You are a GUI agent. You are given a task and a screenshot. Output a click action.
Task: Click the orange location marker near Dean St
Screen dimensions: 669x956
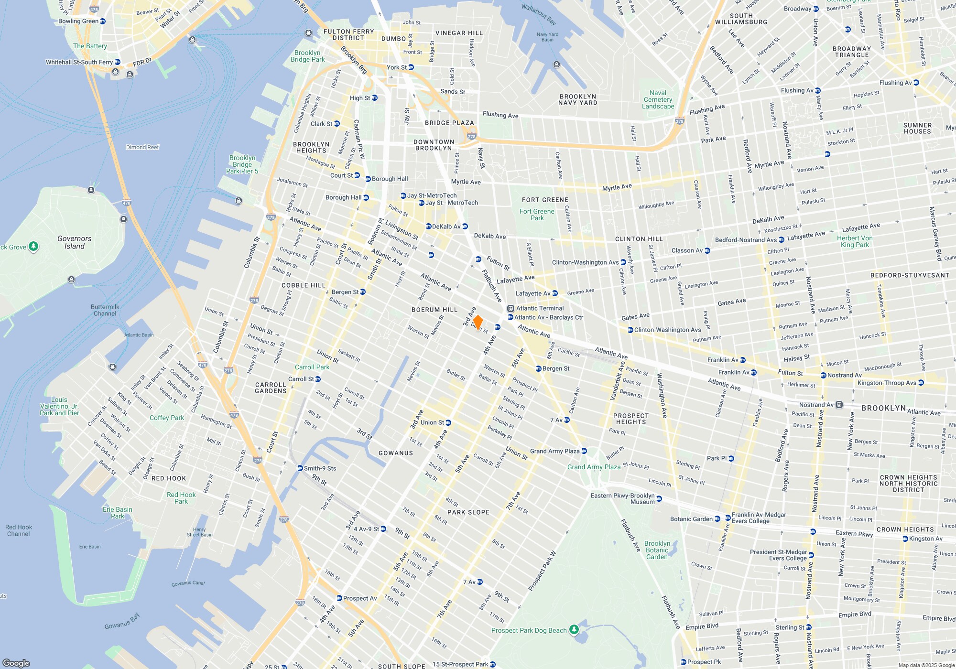(477, 322)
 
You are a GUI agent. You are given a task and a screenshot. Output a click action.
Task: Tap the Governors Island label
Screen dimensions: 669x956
(74, 242)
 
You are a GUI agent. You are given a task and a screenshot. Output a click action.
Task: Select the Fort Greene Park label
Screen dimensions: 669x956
(537, 215)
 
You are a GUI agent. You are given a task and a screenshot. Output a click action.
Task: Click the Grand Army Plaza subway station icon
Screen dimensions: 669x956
(584, 451)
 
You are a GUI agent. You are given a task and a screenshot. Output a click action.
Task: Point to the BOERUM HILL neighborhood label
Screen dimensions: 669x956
(435, 310)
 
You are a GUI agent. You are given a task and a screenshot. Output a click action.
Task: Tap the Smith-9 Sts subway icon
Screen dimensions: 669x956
(300, 468)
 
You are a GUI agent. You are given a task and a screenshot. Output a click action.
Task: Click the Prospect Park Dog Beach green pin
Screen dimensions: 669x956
(574, 629)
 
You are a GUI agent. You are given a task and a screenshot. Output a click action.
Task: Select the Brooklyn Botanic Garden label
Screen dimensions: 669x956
(657, 550)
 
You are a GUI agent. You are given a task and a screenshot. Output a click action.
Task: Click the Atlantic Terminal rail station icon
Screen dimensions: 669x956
(511, 309)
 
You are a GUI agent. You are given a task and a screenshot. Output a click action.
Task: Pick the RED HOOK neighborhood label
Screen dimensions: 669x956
(168, 478)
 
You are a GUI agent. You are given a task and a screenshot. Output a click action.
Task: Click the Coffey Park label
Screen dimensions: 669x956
(166, 418)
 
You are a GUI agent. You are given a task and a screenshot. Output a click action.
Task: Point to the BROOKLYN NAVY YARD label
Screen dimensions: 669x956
(577, 99)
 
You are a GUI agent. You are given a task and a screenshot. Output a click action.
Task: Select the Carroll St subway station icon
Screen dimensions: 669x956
(318, 379)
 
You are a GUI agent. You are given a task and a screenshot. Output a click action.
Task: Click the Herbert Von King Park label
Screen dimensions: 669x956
(855, 241)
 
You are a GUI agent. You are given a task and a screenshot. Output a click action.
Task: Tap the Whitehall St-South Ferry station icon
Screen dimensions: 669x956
(118, 62)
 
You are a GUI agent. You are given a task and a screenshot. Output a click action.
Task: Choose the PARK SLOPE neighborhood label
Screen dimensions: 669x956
(468, 512)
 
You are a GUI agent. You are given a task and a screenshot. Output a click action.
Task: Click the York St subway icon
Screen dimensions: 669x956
(411, 67)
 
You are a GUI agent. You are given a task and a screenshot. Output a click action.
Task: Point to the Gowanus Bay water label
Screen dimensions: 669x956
(122, 621)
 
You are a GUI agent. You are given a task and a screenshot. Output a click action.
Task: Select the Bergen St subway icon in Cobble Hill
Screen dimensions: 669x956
(363, 292)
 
